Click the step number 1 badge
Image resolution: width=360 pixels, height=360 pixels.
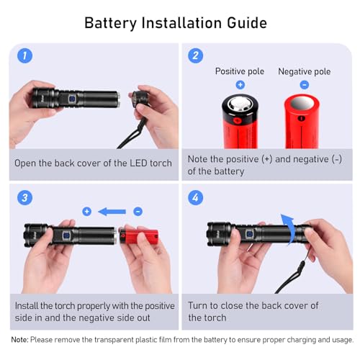click(x=24, y=55)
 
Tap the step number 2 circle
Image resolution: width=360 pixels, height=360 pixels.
click(x=195, y=55)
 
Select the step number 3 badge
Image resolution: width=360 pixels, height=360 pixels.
click(x=24, y=198)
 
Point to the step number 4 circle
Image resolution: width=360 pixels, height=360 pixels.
click(x=195, y=198)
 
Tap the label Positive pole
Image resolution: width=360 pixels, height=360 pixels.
click(x=240, y=71)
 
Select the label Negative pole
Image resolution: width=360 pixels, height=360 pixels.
click(x=305, y=71)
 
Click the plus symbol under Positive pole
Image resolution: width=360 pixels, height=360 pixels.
click(x=240, y=85)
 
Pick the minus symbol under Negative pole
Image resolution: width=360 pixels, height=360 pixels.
click(x=305, y=85)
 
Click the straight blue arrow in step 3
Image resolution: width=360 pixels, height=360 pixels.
click(x=112, y=212)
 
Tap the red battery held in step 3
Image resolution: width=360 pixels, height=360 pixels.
click(x=139, y=236)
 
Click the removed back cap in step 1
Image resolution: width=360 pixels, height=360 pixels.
click(x=140, y=99)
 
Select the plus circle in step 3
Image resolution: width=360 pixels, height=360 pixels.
click(x=86, y=212)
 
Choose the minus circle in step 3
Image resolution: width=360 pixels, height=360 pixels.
click(x=138, y=212)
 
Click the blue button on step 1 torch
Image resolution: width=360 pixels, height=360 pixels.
click(x=72, y=99)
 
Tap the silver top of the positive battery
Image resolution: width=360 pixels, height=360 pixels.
click(x=240, y=104)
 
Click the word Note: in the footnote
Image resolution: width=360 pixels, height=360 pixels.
click(x=19, y=340)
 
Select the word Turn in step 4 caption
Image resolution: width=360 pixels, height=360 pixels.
click(x=197, y=305)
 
